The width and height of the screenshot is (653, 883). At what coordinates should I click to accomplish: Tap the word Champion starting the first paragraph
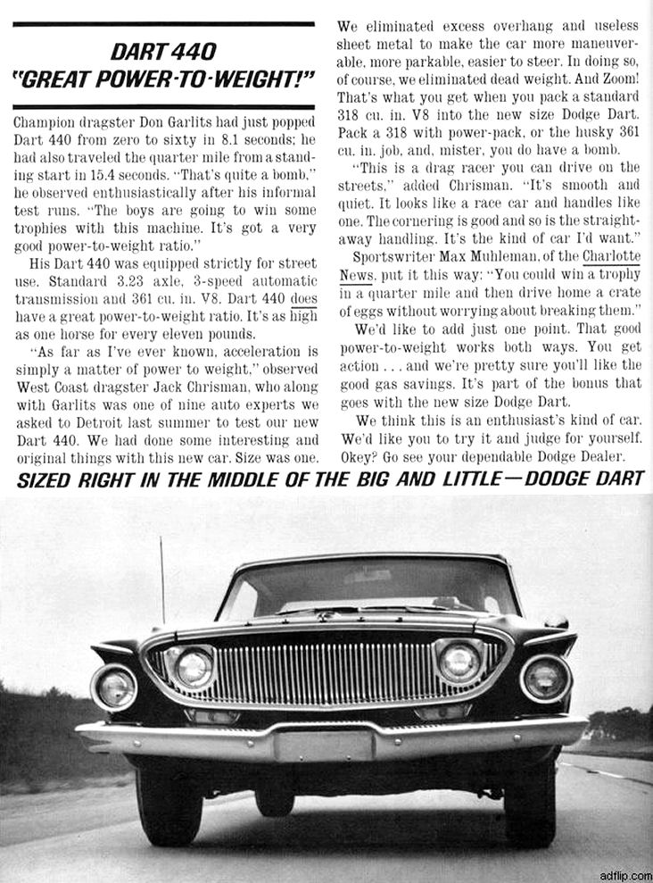46,120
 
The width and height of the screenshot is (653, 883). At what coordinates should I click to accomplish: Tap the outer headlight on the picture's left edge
115,686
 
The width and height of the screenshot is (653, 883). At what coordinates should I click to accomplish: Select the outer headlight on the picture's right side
546,679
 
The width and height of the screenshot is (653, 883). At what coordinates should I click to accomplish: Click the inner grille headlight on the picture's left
191,666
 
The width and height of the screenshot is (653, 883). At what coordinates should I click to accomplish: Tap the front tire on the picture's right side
531,800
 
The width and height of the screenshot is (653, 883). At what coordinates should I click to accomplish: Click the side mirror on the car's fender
557,621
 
